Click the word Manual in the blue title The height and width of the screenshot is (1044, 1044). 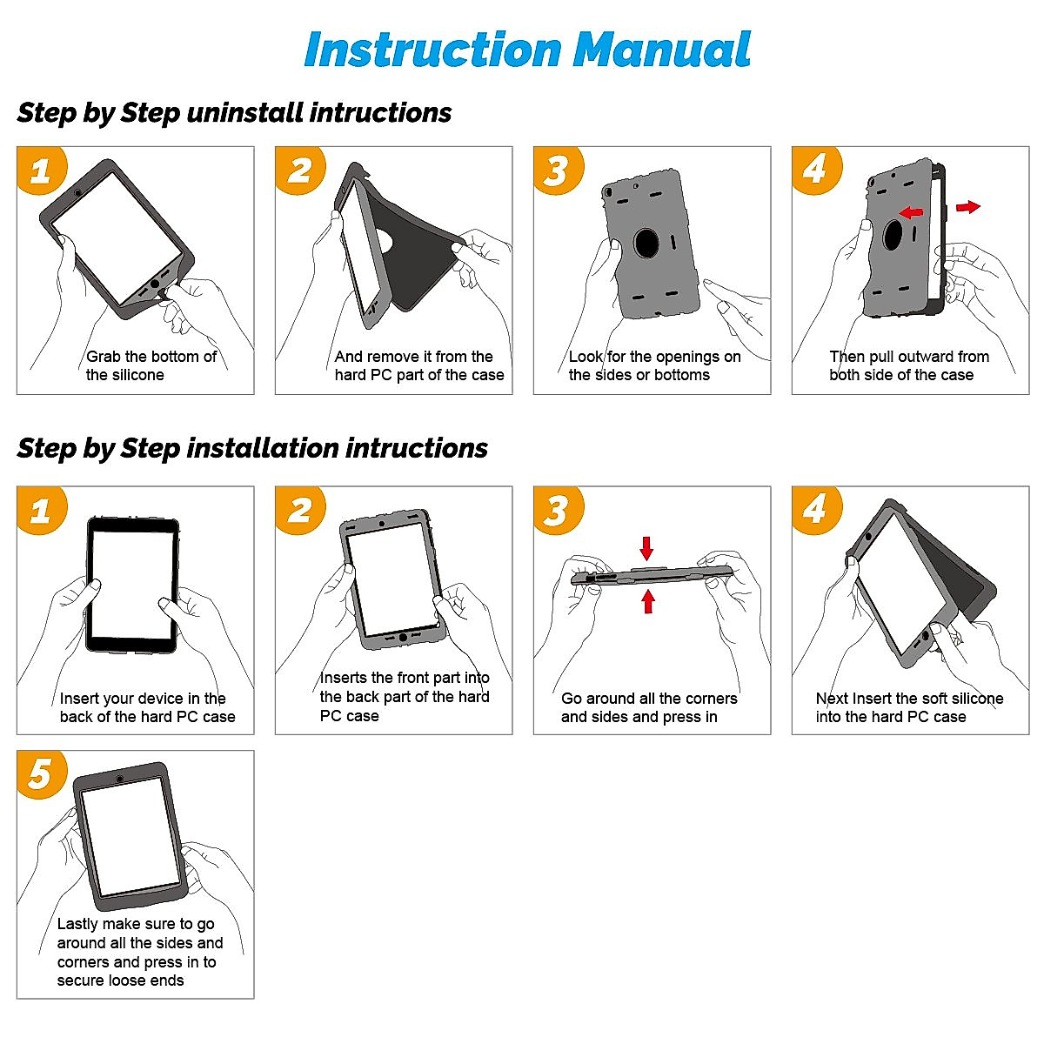661,50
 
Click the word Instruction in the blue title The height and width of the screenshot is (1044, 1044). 433,50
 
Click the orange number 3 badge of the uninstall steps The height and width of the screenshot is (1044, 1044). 558,171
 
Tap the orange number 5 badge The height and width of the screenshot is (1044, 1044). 42,773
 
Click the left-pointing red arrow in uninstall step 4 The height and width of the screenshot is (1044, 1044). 911,211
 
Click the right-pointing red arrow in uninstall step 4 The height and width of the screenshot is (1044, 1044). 968,206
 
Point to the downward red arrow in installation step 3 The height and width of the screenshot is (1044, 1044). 646,548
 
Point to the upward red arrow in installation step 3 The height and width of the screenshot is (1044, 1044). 648,601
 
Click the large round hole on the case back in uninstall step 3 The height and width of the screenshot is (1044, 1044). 646,243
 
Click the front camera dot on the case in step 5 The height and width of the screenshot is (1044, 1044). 120,779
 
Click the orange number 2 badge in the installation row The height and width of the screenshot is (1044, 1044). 300,510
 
